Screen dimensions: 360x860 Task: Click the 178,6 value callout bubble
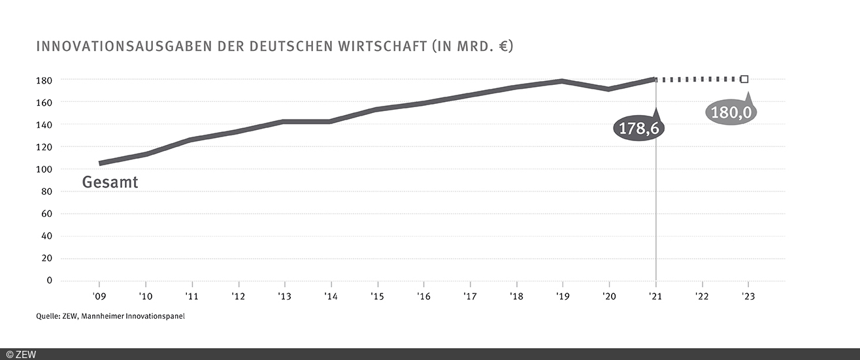[x=638, y=128]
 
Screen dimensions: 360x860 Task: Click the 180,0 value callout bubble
[x=731, y=112]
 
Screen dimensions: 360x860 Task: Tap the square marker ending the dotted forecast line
[x=744, y=79]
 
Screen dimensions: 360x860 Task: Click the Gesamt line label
[x=110, y=182]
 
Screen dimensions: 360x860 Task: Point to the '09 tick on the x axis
[x=99, y=295]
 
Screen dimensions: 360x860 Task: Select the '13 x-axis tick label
[x=284, y=295]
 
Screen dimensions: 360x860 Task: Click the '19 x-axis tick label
[x=563, y=295]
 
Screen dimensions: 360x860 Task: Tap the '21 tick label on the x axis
[x=655, y=295]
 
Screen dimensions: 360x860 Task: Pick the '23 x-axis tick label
[x=748, y=295]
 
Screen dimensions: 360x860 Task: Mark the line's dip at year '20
[x=609, y=89]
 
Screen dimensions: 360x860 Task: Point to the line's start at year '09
[x=100, y=163]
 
